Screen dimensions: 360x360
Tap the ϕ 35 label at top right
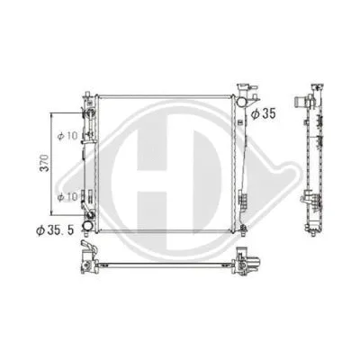263,113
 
